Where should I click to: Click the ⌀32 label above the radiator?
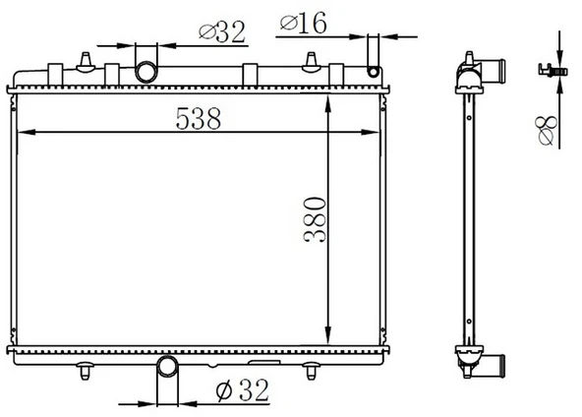click(x=221, y=31)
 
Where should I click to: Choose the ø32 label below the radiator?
click(x=242, y=390)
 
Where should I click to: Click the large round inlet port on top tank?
click(x=146, y=72)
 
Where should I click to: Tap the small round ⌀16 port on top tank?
click(x=373, y=71)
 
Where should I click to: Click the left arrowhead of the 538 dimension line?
click(x=26, y=132)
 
